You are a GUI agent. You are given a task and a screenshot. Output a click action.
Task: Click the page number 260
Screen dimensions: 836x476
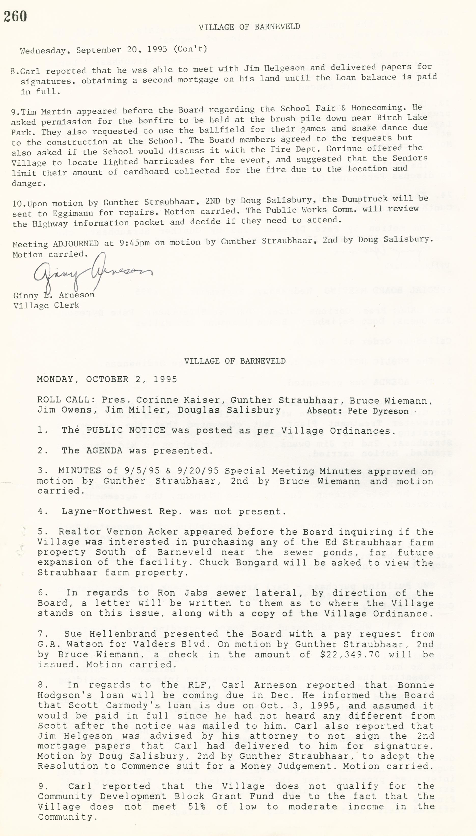(15, 16)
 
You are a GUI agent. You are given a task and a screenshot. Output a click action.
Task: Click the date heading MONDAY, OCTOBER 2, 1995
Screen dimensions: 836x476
(107, 379)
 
